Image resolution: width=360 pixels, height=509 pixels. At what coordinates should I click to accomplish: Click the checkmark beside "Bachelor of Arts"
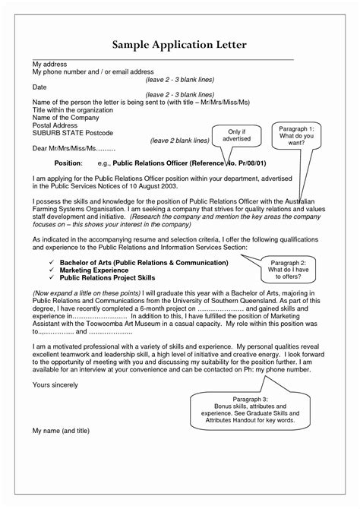coord(40,262)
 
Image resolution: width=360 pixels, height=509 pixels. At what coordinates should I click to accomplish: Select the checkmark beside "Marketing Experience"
coord(40,270)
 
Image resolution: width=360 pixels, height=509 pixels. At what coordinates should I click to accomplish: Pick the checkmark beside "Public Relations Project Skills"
coord(40,278)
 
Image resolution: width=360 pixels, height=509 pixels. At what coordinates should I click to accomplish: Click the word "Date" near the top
coord(39,87)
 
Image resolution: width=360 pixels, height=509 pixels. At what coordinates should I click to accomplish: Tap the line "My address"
coord(49,64)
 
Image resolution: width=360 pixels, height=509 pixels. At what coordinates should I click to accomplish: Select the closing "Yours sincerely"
coord(56,383)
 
